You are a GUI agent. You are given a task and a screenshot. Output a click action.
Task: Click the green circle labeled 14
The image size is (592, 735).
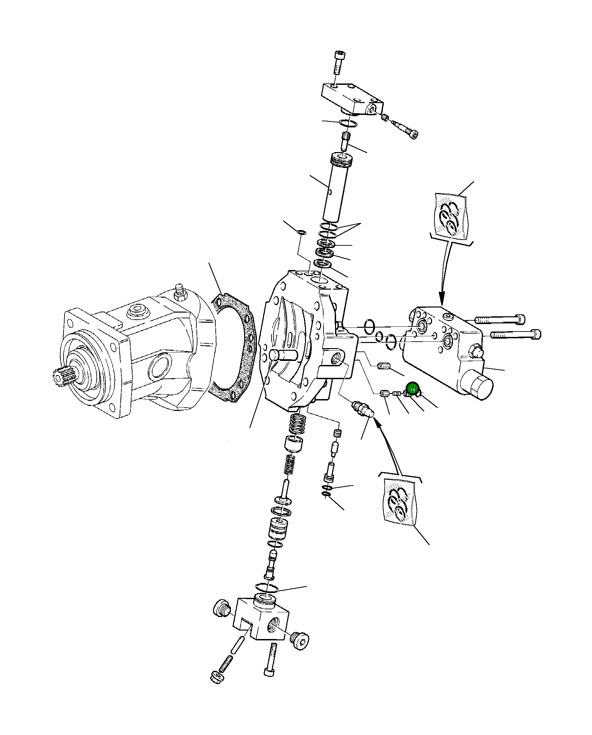coord(412,389)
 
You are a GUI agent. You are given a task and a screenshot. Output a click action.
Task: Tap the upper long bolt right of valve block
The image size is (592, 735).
coord(499,319)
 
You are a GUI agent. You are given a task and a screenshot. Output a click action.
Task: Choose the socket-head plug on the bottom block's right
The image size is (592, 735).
coord(300,641)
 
